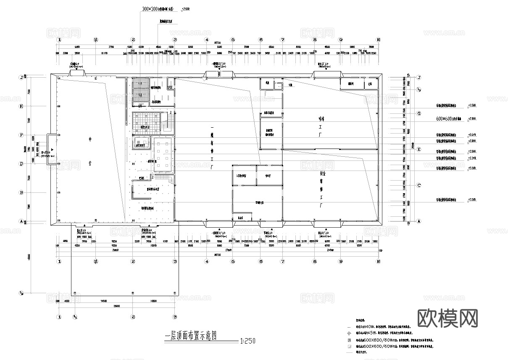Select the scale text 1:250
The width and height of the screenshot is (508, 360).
(247, 340)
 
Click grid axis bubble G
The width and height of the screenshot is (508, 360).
(419, 114)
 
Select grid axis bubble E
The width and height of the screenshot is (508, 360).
(419, 149)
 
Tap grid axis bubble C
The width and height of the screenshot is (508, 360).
(419, 185)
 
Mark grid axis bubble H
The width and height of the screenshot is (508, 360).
(21, 106)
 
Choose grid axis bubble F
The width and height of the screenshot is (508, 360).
(21, 135)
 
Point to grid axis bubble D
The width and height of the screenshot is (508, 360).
(21, 164)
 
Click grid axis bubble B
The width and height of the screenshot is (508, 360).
(21, 193)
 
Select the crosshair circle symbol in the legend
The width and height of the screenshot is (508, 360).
(349, 333)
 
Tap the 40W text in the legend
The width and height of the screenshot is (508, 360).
(370, 326)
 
